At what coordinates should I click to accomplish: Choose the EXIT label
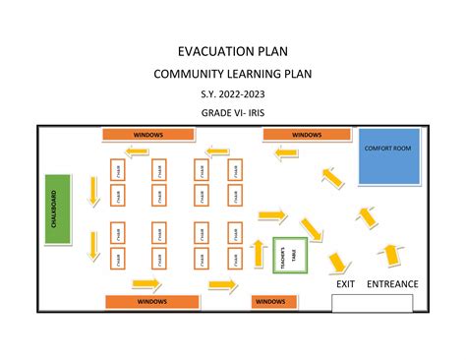(345, 284)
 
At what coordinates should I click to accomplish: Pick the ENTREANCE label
(392, 284)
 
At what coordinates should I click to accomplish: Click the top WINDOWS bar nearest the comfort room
(307, 134)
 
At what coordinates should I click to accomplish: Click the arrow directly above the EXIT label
(339, 262)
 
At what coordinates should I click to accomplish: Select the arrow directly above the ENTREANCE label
(391, 254)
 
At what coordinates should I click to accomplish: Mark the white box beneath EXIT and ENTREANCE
(379, 302)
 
